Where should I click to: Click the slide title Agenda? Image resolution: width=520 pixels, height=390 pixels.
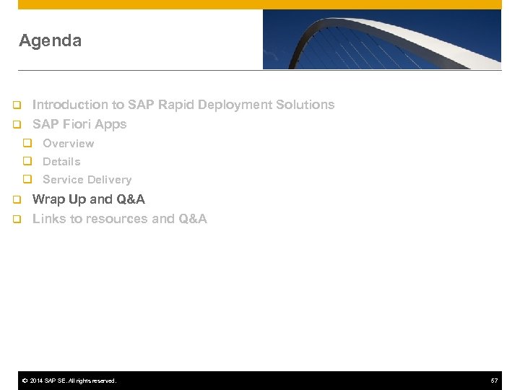[50, 41]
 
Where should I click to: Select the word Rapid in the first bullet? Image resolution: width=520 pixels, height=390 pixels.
[172, 105]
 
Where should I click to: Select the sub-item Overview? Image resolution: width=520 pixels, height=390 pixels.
[68, 144]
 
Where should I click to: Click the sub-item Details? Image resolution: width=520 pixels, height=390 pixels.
[61, 162]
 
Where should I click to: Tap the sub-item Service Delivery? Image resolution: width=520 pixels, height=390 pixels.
[87, 180]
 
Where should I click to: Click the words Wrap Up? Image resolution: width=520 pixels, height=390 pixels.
[59, 199]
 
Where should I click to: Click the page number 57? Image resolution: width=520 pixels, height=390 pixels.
[494, 381]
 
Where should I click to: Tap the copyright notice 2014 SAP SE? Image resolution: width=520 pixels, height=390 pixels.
[69, 381]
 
